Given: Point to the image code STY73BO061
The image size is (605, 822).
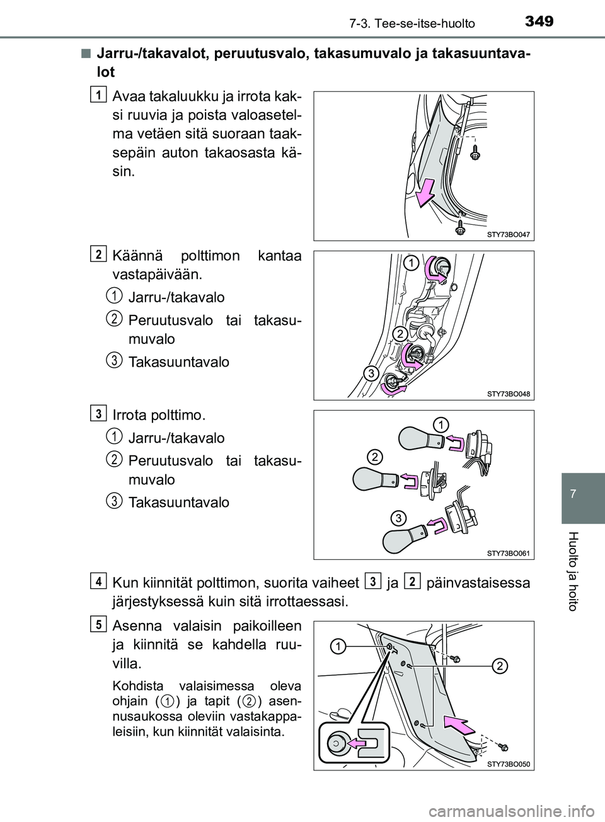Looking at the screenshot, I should pyautogui.click(x=509, y=553).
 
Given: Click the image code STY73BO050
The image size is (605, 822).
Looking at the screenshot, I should pyautogui.click(x=509, y=764).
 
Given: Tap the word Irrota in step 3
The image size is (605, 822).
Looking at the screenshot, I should pyautogui.click(x=131, y=416).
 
